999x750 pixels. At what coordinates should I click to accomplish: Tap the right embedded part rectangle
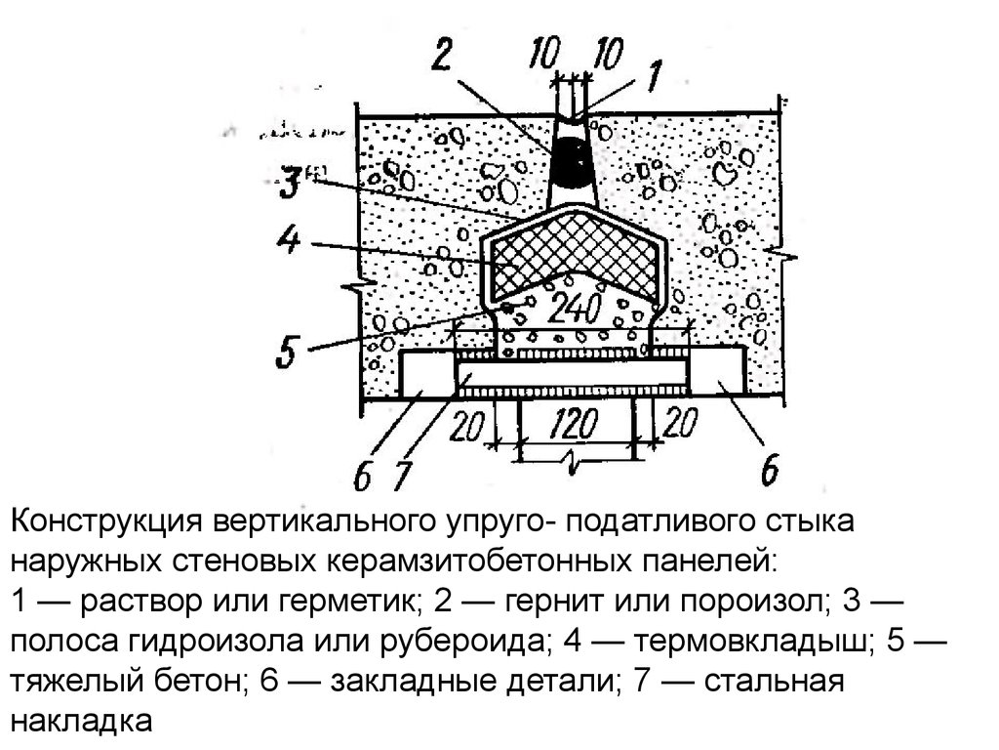coord(720,373)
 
